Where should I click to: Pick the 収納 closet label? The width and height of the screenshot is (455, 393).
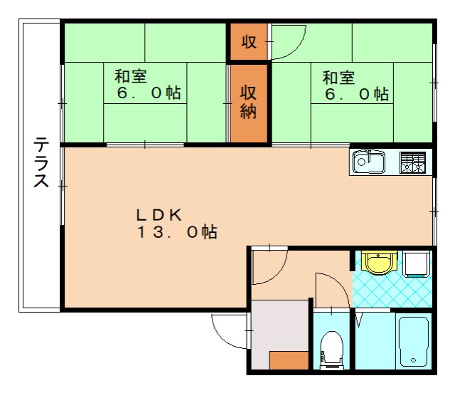pos(248,103)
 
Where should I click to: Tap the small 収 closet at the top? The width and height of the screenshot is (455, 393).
pos(248,42)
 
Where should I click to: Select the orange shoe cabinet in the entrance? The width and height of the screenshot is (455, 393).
pos(289,360)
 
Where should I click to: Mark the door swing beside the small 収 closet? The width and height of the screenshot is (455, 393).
pos(288,43)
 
